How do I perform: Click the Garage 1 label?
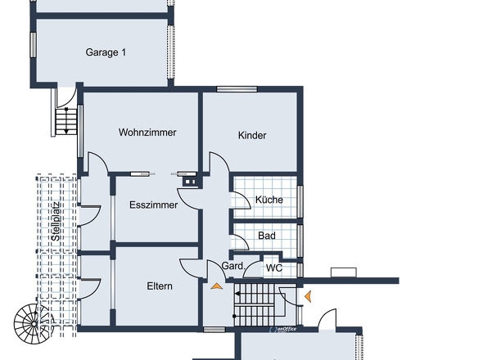tap(106, 52)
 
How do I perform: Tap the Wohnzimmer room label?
tap(147, 133)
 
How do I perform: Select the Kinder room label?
tap(252, 135)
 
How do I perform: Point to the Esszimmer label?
tap(153, 205)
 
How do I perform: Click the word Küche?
tap(269, 200)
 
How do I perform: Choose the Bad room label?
tap(267, 236)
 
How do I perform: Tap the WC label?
tap(274, 268)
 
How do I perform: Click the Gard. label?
tap(233, 266)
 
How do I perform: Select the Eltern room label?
tap(160, 286)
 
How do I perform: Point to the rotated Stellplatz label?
tap(56, 222)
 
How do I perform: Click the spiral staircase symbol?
tap(33, 324)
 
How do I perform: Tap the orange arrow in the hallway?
tap(217, 286)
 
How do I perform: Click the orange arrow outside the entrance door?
tap(308, 296)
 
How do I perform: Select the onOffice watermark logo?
tap(282, 329)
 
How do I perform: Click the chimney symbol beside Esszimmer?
tap(190, 182)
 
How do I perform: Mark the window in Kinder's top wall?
tap(237, 89)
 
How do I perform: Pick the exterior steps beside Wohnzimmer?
tap(66, 121)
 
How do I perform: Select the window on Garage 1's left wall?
tap(33, 45)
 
